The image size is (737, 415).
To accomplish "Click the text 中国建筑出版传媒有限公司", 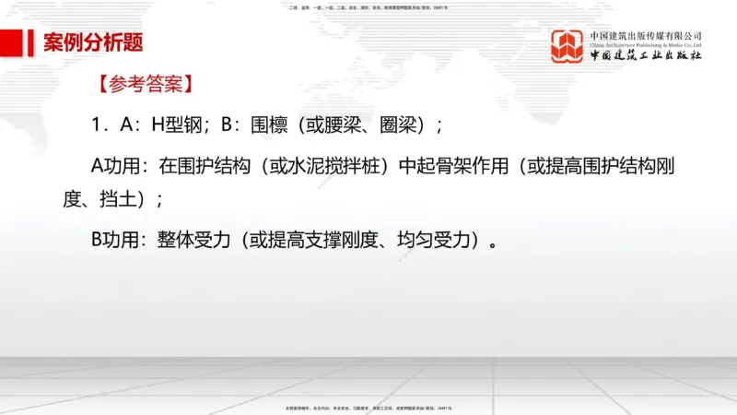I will (x=646, y=35).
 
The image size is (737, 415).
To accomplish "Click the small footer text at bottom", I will (x=368, y=407).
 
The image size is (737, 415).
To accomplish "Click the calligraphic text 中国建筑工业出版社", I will (x=646, y=56).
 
